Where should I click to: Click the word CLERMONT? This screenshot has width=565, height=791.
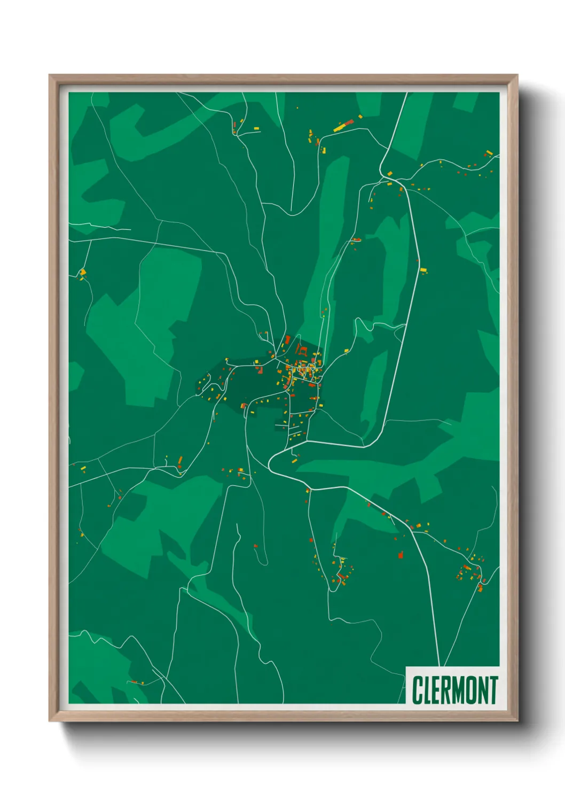[455, 690]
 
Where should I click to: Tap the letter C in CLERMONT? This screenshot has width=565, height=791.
[417, 690]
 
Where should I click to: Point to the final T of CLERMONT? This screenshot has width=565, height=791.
[493, 690]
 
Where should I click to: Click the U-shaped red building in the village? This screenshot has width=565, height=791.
[303, 351]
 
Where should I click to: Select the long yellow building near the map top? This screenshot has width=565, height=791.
[339, 128]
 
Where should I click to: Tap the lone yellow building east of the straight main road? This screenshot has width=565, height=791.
[423, 270]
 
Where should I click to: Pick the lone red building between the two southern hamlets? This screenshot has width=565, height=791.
[401, 555]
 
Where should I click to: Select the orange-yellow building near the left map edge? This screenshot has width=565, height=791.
[83, 273]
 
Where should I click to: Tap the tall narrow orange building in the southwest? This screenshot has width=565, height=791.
[180, 461]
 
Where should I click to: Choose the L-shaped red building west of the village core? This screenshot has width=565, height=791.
[244, 406]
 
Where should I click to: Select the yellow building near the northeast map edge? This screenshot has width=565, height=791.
[489, 153]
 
